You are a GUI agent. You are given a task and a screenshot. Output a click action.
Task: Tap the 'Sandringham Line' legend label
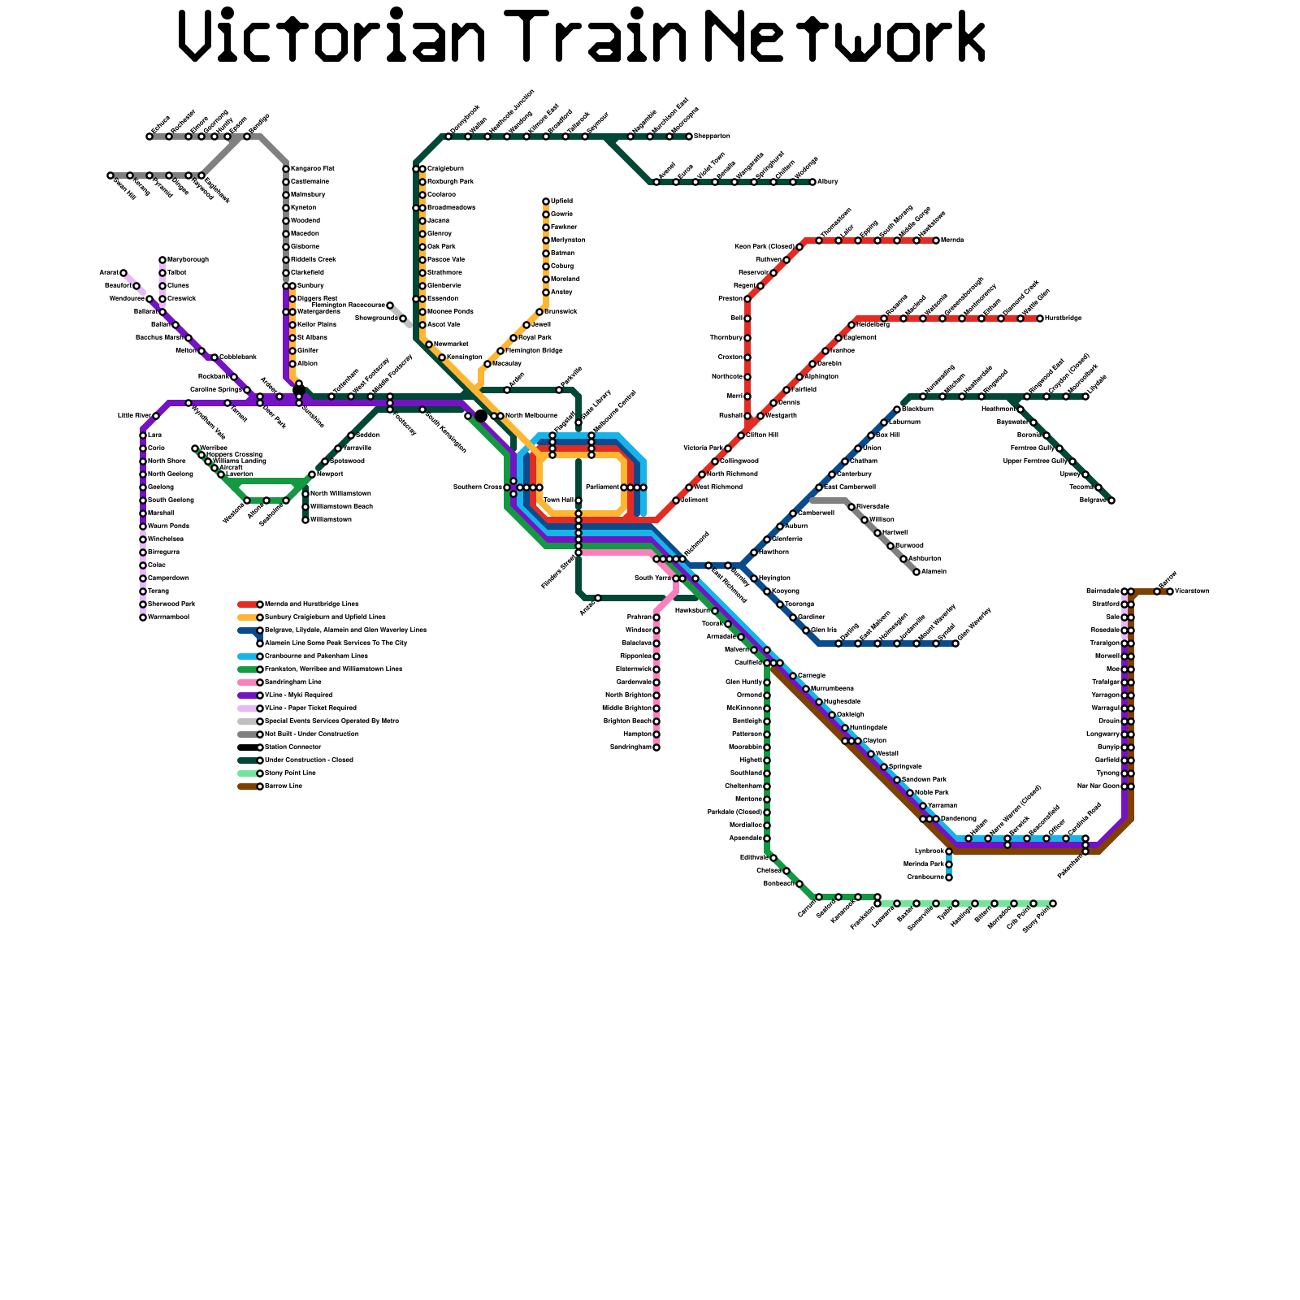[293, 682]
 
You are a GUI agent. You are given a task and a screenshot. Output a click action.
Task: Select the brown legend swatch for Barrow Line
[247, 786]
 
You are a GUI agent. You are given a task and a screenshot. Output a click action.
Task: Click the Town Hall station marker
[578, 500]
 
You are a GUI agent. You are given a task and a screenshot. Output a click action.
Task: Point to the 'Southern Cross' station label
[478, 487]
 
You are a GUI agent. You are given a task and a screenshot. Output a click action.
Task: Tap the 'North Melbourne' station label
[531, 416]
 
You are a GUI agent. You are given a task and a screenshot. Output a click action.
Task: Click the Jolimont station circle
[676, 500]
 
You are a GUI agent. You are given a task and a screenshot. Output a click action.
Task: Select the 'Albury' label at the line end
[828, 182]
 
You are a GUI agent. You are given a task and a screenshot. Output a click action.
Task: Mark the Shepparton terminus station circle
[689, 136]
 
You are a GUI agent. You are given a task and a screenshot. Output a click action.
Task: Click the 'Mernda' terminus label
[952, 240]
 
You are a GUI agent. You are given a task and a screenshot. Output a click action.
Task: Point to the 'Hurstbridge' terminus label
[1064, 318]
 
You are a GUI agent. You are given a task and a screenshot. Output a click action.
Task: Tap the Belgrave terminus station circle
[1111, 500]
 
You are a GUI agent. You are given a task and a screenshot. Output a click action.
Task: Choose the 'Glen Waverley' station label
[974, 625]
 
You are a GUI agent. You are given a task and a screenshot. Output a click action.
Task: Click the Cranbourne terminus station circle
[949, 877]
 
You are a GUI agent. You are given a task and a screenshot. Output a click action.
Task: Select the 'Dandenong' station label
[959, 818]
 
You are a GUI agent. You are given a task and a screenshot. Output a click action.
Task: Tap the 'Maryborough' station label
[188, 260]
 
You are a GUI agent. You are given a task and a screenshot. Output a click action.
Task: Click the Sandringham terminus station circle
[656, 747]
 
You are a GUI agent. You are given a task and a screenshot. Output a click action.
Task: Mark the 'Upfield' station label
[561, 201]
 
